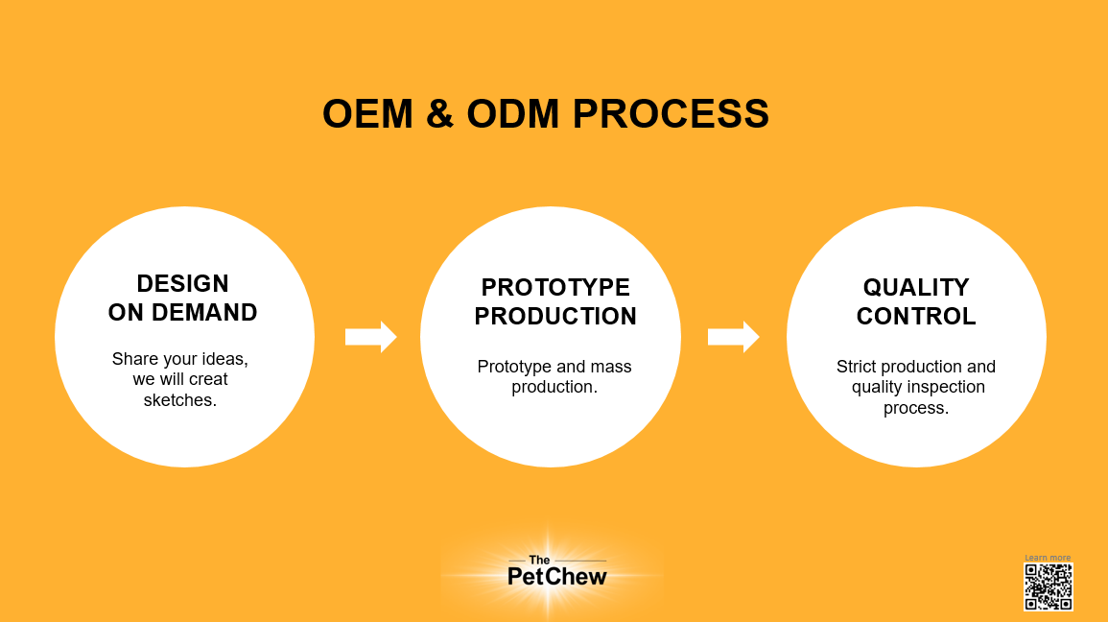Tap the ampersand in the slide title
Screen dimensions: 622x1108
click(438, 114)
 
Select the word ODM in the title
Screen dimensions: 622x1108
click(511, 114)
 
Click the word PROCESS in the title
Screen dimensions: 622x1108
click(672, 114)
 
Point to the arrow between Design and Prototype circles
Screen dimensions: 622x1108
click(370, 336)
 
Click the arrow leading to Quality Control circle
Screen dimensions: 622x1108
click(733, 336)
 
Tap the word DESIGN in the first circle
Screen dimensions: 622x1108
click(182, 284)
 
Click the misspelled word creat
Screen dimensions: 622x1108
click(208, 379)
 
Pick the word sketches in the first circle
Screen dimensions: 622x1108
click(180, 399)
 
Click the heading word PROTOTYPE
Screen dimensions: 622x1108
click(555, 288)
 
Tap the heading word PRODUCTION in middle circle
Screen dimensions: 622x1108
click(555, 317)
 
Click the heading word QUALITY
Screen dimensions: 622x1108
click(916, 288)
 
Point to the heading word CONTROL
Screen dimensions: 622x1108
click(916, 317)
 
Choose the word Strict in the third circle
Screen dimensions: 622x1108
click(857, 367)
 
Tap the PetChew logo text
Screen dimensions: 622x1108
click(556, 577)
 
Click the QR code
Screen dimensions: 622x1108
click(1048, 586)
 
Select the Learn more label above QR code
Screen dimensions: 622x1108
click(1048, 558)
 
